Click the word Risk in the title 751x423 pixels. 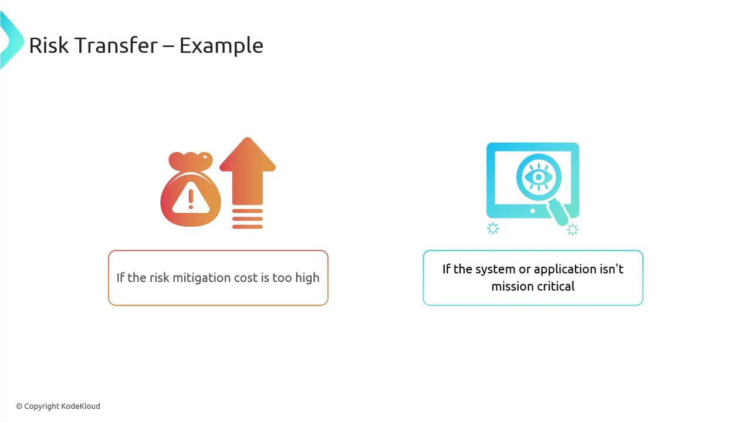coord(49,45)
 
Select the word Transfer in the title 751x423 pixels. coord(116,45)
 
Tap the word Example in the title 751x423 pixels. coord(221,46)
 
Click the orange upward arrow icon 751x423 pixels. coord(248,183)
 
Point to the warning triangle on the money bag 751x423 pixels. coord(191,198)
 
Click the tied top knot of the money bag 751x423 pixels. coord(191,161)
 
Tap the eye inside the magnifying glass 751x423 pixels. coord(539,177)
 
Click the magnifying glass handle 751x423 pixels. coord(557,212)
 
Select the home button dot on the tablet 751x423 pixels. coord(533,211)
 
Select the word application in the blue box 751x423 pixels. coord(564,269)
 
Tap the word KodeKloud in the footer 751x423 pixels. coord(81,406)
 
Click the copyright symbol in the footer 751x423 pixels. coord(19,407)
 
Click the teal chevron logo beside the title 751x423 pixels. coord(12,41)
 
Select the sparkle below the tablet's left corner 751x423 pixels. coord(493,229)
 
